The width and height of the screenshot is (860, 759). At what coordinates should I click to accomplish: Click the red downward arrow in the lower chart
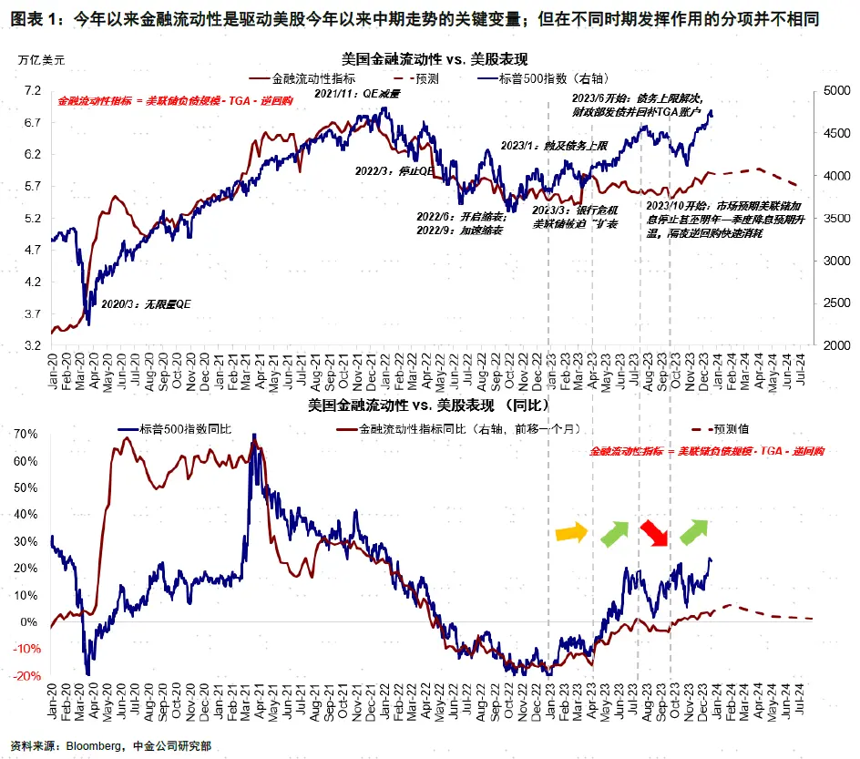653,532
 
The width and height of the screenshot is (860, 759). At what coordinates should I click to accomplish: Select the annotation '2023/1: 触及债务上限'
542,145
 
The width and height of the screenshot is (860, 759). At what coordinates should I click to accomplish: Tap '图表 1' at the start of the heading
35,15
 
